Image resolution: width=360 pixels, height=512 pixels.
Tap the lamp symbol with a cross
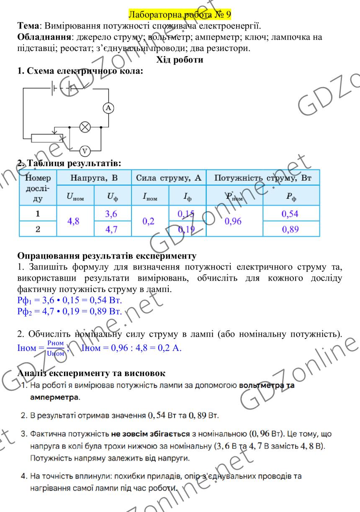[x=85, y=126]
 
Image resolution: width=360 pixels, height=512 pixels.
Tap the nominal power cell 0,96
[x=234, y=222]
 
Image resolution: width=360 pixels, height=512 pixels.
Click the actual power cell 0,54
[x=291, y=214]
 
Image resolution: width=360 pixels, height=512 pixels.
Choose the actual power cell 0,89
[x=291, y=230]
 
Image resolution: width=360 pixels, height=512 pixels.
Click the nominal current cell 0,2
[x=149, y=222]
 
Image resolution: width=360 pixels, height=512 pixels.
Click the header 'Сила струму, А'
[x=169, y=178]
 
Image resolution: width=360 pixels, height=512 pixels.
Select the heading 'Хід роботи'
[x=180, y=60]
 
